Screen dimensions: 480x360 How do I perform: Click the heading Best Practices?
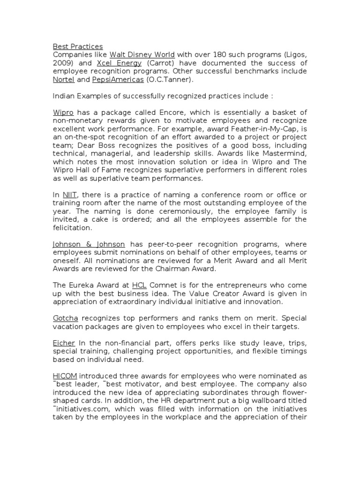click(x=77, y=46)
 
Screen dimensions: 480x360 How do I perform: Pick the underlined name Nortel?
click(x=64, y=80)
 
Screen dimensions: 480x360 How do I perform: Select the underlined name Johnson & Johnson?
click(x=89, y=244)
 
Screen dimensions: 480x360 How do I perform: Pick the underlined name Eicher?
click(x=64, y=343)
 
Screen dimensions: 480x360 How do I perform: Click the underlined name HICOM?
click(x=65, y=376)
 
